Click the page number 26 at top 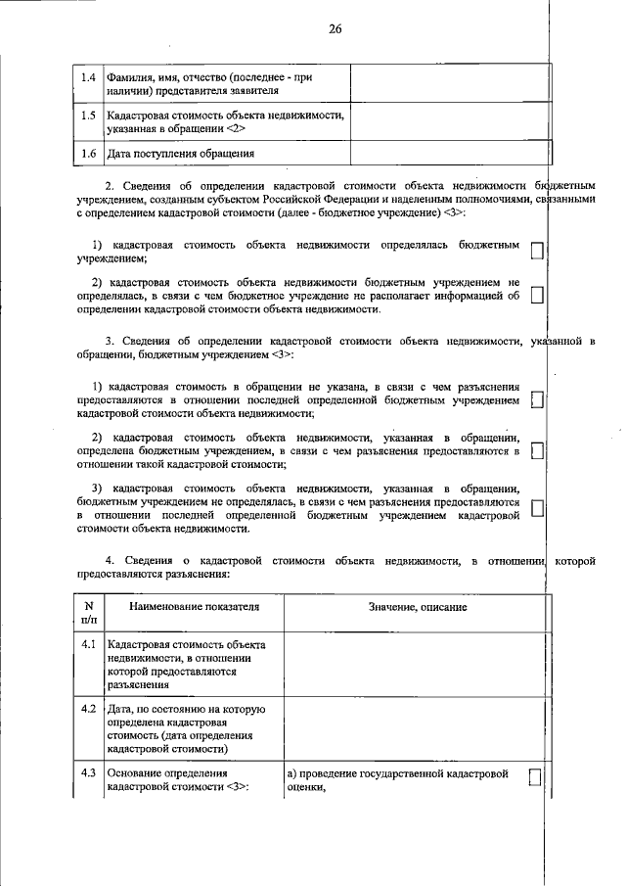[x=335, y=28]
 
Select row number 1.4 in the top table [x=88, y=76]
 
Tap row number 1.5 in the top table [x=88, y=115]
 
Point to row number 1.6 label [x=88, y=154]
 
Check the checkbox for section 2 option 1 [x=536, y=251]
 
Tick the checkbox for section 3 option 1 [x=536, y=400]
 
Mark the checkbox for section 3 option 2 [x=536, y=450]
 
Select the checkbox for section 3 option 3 [x=536, y=507]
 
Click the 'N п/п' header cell [x=89, y=613]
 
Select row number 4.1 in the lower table [x=88, y=644]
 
